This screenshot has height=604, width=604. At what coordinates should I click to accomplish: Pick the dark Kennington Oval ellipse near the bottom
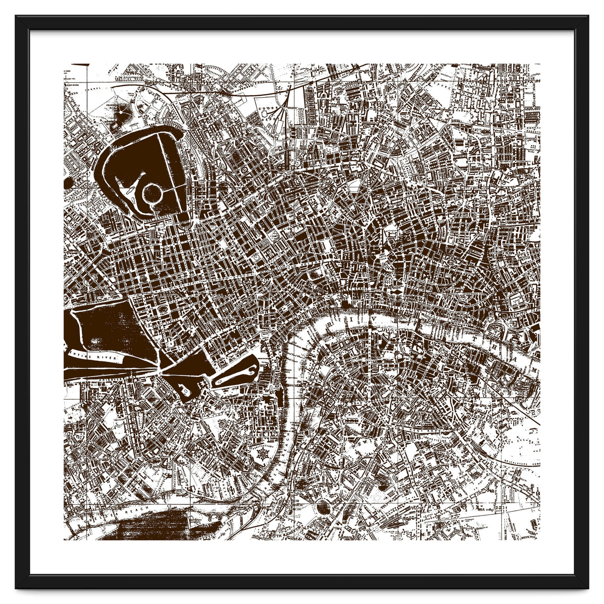click(x=322, y=508)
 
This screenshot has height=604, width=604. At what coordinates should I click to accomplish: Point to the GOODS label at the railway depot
click(x=265, y=107)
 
